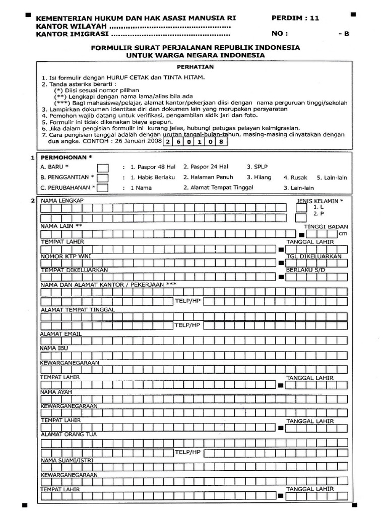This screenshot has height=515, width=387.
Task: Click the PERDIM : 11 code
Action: pyautogui.click(x=295, y=18)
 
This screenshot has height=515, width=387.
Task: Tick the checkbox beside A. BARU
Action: pyautogui.click(x=102, y=168)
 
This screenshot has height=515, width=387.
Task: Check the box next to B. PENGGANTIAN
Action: pyautogui.click(x=102, y=178)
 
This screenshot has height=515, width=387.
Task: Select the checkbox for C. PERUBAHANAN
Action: pyautogui.click(x=102, y=188)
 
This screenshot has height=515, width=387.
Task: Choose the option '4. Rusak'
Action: pyautogui.click(x=295, y=177)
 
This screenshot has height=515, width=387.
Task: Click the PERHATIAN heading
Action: pyautogui.click(x=196, y=66)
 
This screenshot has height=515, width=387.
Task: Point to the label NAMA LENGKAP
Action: pyautogui.click(x=62, y=201)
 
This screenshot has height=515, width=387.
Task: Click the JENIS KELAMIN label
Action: pyautogui.click(x=320, y=201)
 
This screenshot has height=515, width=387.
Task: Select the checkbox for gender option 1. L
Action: pyautogui.click(x=301, y=207)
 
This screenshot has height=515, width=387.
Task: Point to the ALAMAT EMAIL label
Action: pyautogui.click(x=61, y=333)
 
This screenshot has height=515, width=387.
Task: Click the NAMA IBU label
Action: pyautogui.click(x=53, y=348)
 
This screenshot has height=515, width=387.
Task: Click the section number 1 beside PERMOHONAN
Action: pyautogui.click(x=33, y=157)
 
